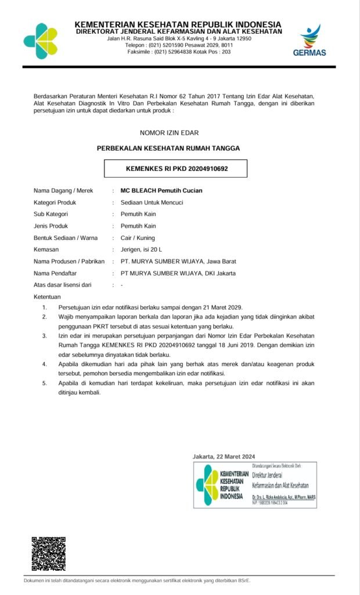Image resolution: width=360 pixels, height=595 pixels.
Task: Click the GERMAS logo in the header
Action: tap(313, 40)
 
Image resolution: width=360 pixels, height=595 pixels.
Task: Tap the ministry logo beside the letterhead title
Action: tap(41, 41)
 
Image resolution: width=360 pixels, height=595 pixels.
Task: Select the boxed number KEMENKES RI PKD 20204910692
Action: tap(177, 169)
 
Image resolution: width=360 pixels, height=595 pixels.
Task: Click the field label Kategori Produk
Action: tap(55, 202)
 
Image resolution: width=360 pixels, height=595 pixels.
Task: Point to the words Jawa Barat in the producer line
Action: tap(221, 261)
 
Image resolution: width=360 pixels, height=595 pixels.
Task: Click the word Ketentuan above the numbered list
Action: tap(48, 297)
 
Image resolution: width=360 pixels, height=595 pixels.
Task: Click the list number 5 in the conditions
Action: tap(44, 383)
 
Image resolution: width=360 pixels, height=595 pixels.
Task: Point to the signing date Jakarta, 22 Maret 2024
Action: tap(224, 456)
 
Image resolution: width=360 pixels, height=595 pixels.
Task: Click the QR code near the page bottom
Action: tap(48, 554)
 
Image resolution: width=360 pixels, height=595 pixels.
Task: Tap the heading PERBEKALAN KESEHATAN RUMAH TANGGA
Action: tap(168, 148)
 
